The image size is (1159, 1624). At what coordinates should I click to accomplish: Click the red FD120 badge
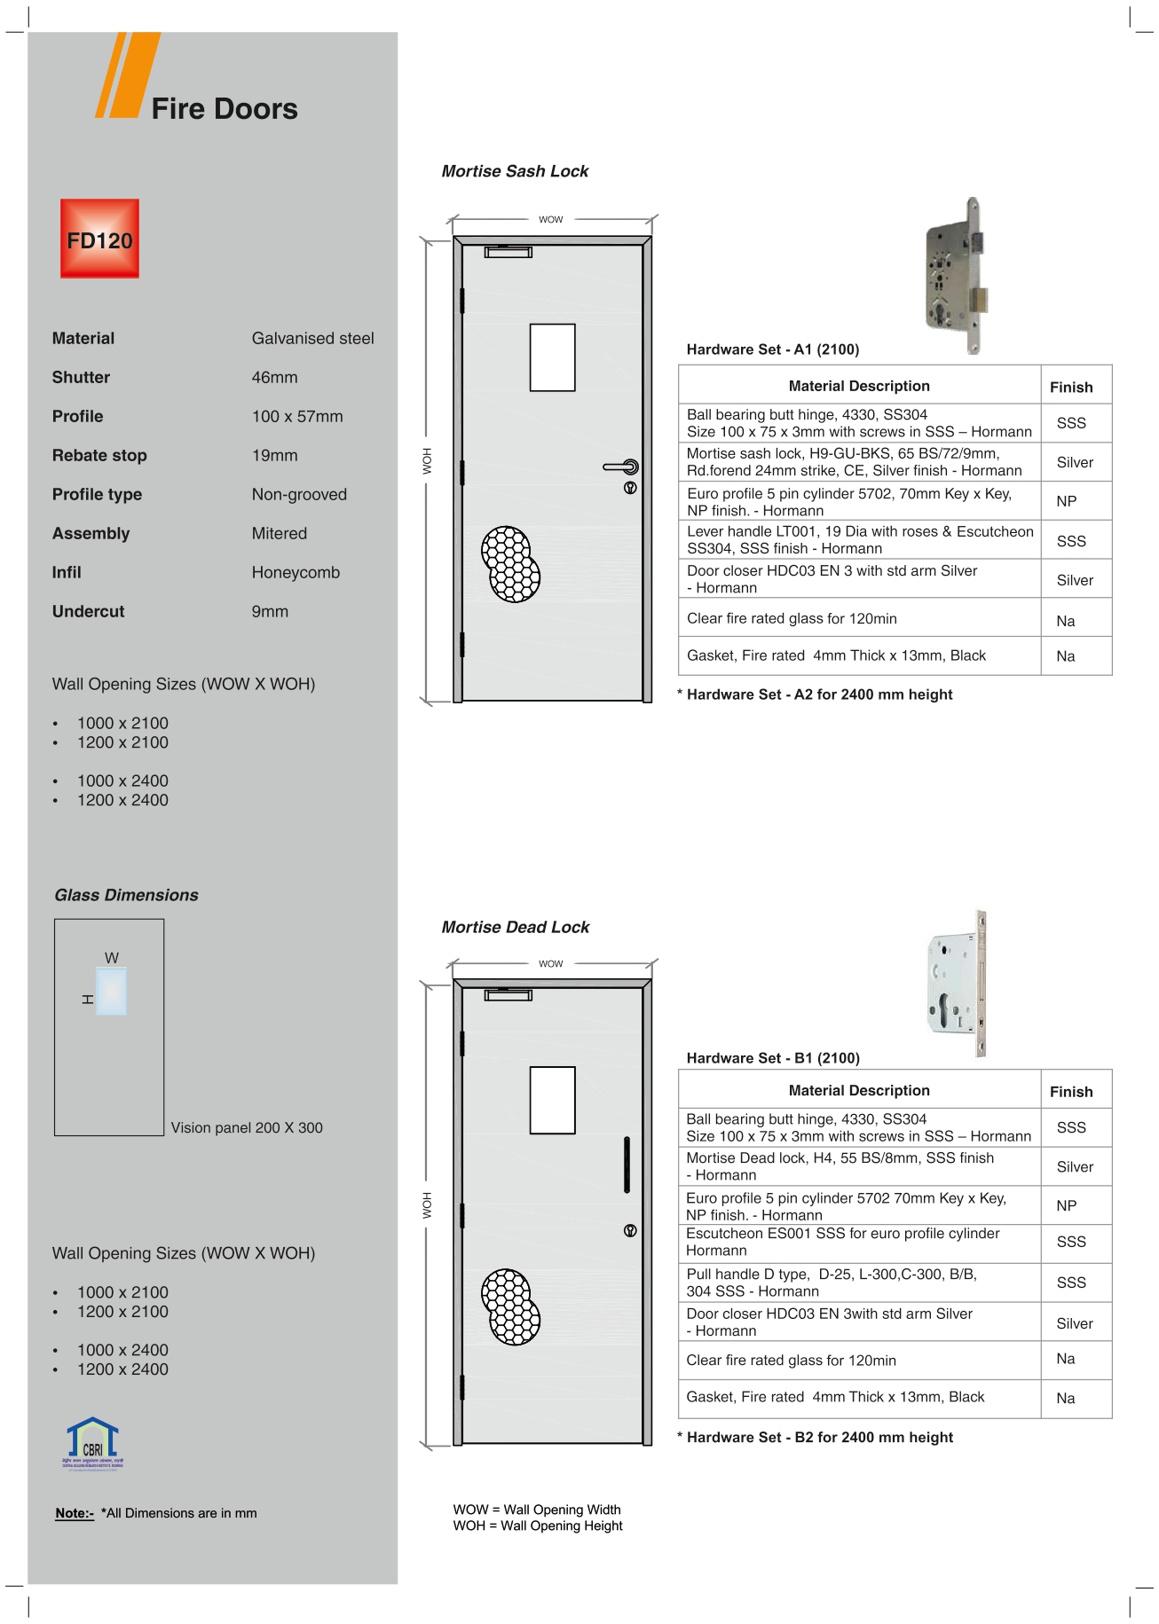point(99,239)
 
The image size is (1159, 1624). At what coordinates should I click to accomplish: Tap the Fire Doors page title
point(224,108)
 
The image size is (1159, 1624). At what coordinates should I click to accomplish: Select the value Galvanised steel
point(312,338)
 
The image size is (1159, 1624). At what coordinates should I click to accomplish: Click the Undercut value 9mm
point(270,611)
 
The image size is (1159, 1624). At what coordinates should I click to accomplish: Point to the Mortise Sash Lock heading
point(515,171)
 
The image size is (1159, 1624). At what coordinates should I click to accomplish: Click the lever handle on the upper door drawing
point(622,467)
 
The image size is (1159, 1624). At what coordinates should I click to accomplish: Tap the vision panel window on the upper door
point(552,357)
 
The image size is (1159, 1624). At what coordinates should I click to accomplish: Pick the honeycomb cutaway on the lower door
point(511,1306)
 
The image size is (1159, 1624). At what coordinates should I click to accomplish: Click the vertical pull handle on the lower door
point(627,1165)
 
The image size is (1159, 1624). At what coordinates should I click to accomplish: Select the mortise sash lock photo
point(958,276)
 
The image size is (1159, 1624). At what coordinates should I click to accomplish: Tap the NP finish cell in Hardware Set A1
point(1067,501)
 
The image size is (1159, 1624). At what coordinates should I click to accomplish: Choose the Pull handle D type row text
point(831,1283)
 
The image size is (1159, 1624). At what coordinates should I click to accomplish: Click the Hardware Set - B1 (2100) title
point(773,1058)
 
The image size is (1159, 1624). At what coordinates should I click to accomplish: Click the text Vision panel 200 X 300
point(247,1127)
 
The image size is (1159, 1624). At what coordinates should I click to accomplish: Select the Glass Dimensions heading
point(126,895)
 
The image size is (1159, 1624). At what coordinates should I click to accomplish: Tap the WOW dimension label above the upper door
point(550,219)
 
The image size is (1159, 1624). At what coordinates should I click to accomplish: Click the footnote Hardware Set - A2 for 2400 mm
point(819,694)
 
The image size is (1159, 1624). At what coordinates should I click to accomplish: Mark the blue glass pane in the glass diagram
point(112,991)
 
